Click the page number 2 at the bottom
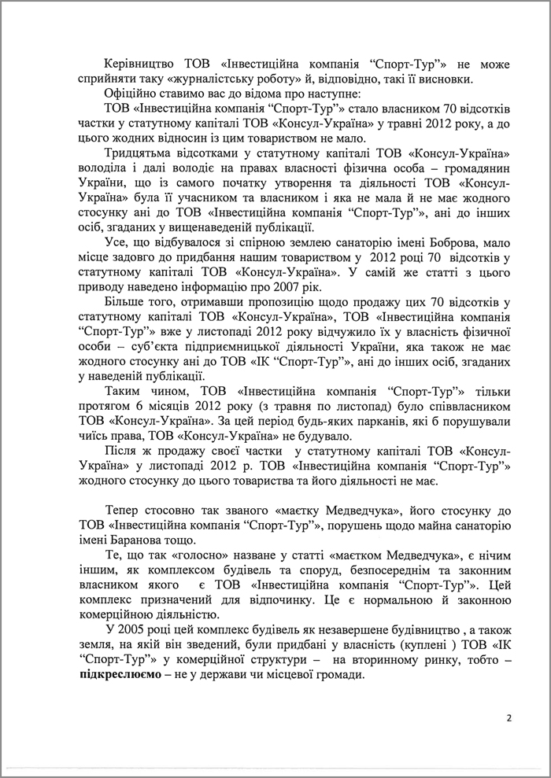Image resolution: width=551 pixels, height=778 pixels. [509, 718]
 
